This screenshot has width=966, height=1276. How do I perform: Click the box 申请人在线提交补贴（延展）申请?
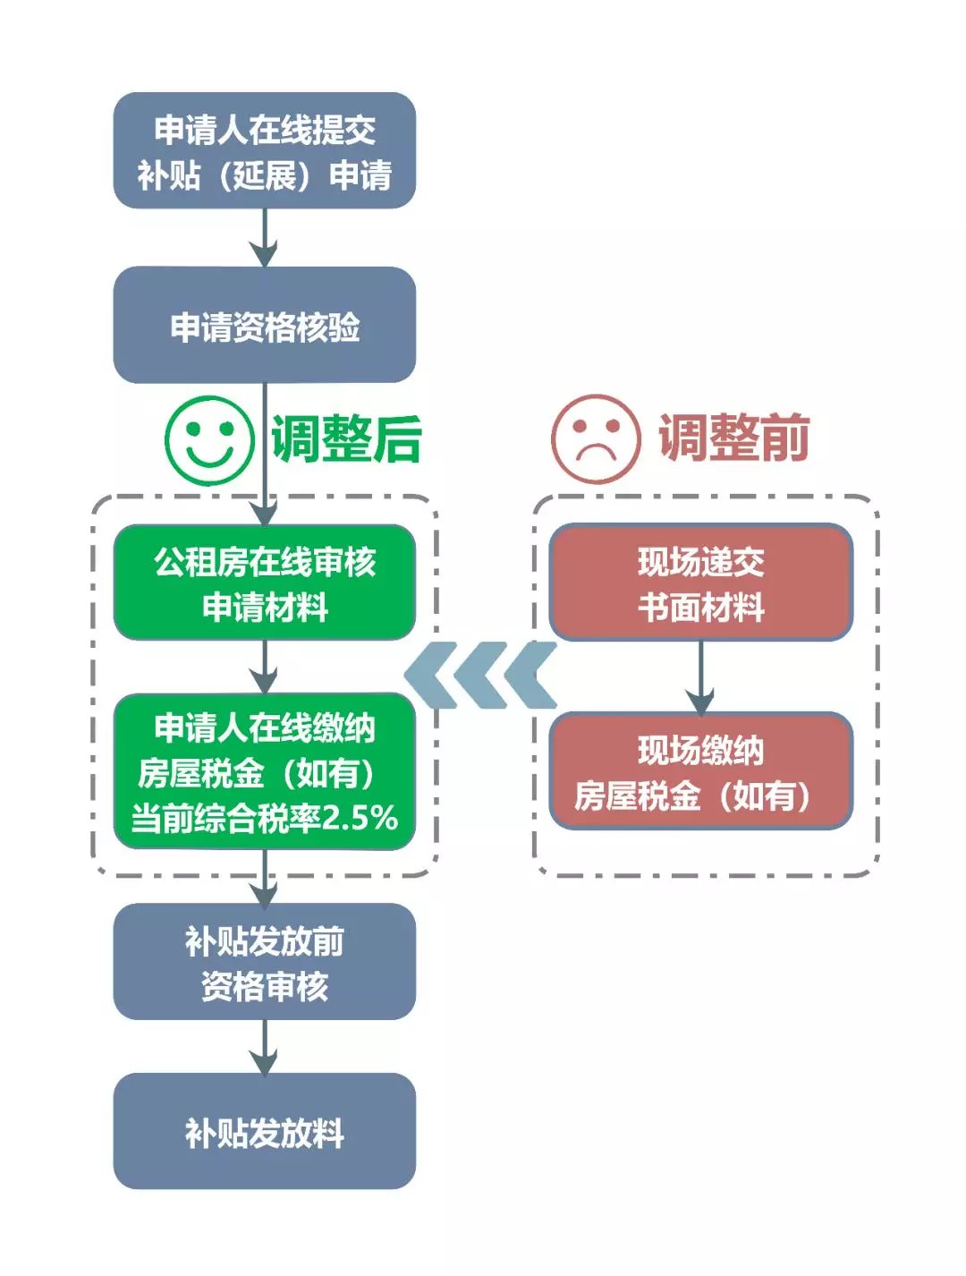pos(264,150)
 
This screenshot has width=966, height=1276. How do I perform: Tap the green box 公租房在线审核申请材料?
pos(264,583)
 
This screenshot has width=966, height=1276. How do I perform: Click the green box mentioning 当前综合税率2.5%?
pos(264,771)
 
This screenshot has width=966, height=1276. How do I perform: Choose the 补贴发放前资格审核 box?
pos(264,962)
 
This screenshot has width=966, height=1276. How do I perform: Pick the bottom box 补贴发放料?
pos(264,1131)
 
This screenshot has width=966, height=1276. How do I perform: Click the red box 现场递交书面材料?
pos(700,583)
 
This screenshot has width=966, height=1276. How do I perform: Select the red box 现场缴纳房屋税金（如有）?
pos(700,771)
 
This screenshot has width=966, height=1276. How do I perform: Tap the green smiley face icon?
pos(209,440)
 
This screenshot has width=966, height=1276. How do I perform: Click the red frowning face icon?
pos(595,439)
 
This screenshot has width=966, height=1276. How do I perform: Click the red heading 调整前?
pos(733,438)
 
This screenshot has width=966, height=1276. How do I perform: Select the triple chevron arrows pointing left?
pos(480,676)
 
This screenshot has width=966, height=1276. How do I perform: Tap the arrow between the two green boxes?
pos(264,668)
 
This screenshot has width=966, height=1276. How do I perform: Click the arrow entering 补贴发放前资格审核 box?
pos(264,879)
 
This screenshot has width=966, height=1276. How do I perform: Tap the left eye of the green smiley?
pos(193,428)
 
